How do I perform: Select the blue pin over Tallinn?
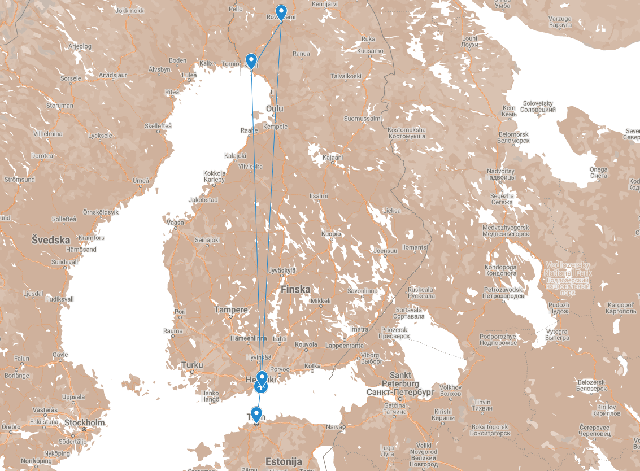(256, 415)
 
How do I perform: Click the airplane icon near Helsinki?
(260, 387)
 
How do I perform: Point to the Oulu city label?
(275, 108)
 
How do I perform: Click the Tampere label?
(230, 310)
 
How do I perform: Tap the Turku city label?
(192, 365)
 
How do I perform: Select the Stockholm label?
(85, 422)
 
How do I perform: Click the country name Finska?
(295, 289)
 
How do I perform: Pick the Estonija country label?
(284, 461)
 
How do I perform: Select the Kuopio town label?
(331, 233)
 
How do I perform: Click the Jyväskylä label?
(282, 271)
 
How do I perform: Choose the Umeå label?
(141, 180)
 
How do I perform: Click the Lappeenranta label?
(345, 346)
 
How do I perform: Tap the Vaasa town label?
(175, 223)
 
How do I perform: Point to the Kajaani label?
(333, 158)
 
